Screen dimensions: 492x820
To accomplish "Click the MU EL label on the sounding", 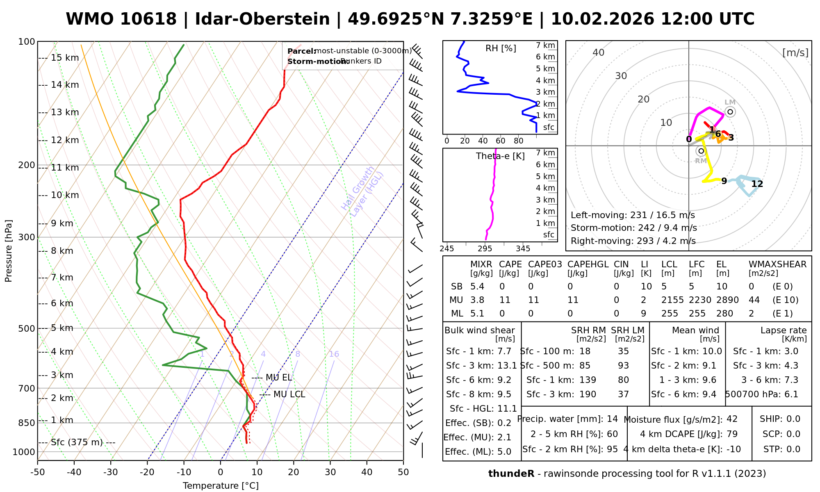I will click(279, 378).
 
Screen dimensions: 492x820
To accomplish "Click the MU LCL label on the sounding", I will click(289, 394).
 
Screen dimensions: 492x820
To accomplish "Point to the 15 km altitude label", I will click(65, 58).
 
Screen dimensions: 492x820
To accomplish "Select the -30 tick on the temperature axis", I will click(111, 472).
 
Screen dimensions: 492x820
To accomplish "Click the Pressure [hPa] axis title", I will click(9, 251).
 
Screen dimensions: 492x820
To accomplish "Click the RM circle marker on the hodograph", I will click(701, 151).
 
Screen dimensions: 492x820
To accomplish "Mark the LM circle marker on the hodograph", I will click(730, 112).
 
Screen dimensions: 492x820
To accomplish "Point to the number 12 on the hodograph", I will click(757, 184).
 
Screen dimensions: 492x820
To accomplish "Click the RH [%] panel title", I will click(501, 48).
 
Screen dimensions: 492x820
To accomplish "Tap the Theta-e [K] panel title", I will click(500, 156).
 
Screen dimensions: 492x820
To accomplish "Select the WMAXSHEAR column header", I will click(777, 264).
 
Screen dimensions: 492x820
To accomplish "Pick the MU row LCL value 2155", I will click(672, 300).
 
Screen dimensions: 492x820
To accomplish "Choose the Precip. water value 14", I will click(612, 419).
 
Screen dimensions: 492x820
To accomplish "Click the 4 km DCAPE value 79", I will click(732, 434).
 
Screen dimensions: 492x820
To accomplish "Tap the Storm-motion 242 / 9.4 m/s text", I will click(633, 228).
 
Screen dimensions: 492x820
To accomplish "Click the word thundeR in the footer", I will click(511, 474).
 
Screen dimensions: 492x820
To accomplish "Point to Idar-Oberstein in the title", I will click(262, 19).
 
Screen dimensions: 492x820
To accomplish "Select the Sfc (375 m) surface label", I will click(77, 442).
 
